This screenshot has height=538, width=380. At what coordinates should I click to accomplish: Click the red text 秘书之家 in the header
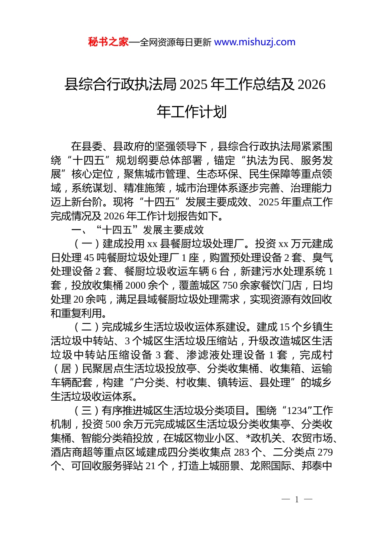pos(108,42)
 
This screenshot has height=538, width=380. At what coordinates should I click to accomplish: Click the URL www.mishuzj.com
pos(255,42)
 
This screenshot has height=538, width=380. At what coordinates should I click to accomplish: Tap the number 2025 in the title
pos(194,85)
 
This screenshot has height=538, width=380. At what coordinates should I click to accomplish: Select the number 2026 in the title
pos(312,85)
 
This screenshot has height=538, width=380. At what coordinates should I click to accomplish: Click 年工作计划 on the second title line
pos(192,112)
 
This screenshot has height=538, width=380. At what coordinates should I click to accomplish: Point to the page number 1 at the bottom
pos(297,499)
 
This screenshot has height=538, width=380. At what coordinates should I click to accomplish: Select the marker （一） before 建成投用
pos(87,244)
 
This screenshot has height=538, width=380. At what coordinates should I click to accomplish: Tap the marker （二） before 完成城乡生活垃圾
pos(87,327)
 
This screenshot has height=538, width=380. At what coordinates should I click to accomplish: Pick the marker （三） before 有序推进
pos(87,411)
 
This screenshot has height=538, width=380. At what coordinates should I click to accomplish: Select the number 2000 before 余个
pos(136,285)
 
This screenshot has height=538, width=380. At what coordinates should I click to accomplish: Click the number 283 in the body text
pos(242,452)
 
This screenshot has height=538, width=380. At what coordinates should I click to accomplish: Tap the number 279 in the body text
pos(325,452)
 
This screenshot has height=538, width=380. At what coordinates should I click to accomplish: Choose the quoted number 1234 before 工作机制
pos(297,411)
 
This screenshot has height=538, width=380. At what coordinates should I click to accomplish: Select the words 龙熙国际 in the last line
pos(270,466)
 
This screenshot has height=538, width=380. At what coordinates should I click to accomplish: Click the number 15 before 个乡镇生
pos(284,327)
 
